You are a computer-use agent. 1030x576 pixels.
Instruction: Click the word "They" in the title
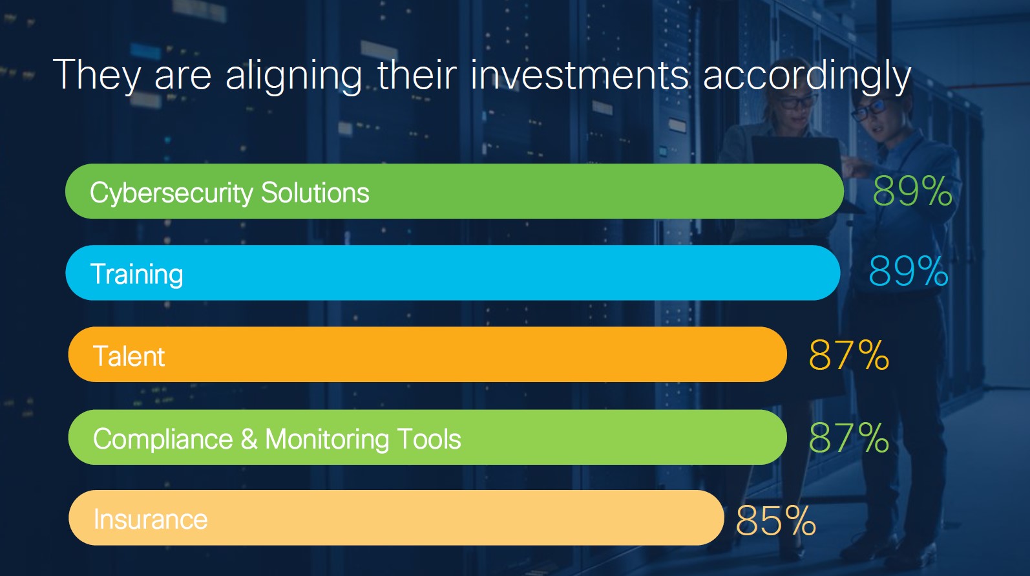pos(96,75)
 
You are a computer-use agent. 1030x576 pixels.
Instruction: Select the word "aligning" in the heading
pos(293,75)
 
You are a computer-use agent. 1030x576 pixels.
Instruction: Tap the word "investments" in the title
pos(580,74)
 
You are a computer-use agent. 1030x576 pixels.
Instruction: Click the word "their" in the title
pos(417,74)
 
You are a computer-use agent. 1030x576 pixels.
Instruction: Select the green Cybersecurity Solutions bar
pos(454,191)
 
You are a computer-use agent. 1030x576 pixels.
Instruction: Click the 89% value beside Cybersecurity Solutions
pos(912,191)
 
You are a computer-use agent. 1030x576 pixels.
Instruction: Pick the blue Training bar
pos(453,273)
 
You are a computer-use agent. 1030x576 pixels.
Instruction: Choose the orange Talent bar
pos(428,354)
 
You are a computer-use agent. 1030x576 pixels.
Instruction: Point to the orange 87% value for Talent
pos(849,355)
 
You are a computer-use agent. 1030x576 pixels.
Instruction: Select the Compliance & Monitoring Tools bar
pos(428,437)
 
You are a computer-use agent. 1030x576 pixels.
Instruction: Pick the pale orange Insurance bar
pos(396,518)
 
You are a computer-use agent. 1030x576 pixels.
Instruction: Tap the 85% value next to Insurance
pos(775,520)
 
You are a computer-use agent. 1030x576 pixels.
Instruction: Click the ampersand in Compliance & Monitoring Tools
pos(249,438)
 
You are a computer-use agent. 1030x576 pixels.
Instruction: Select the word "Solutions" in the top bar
pos(315,192)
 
